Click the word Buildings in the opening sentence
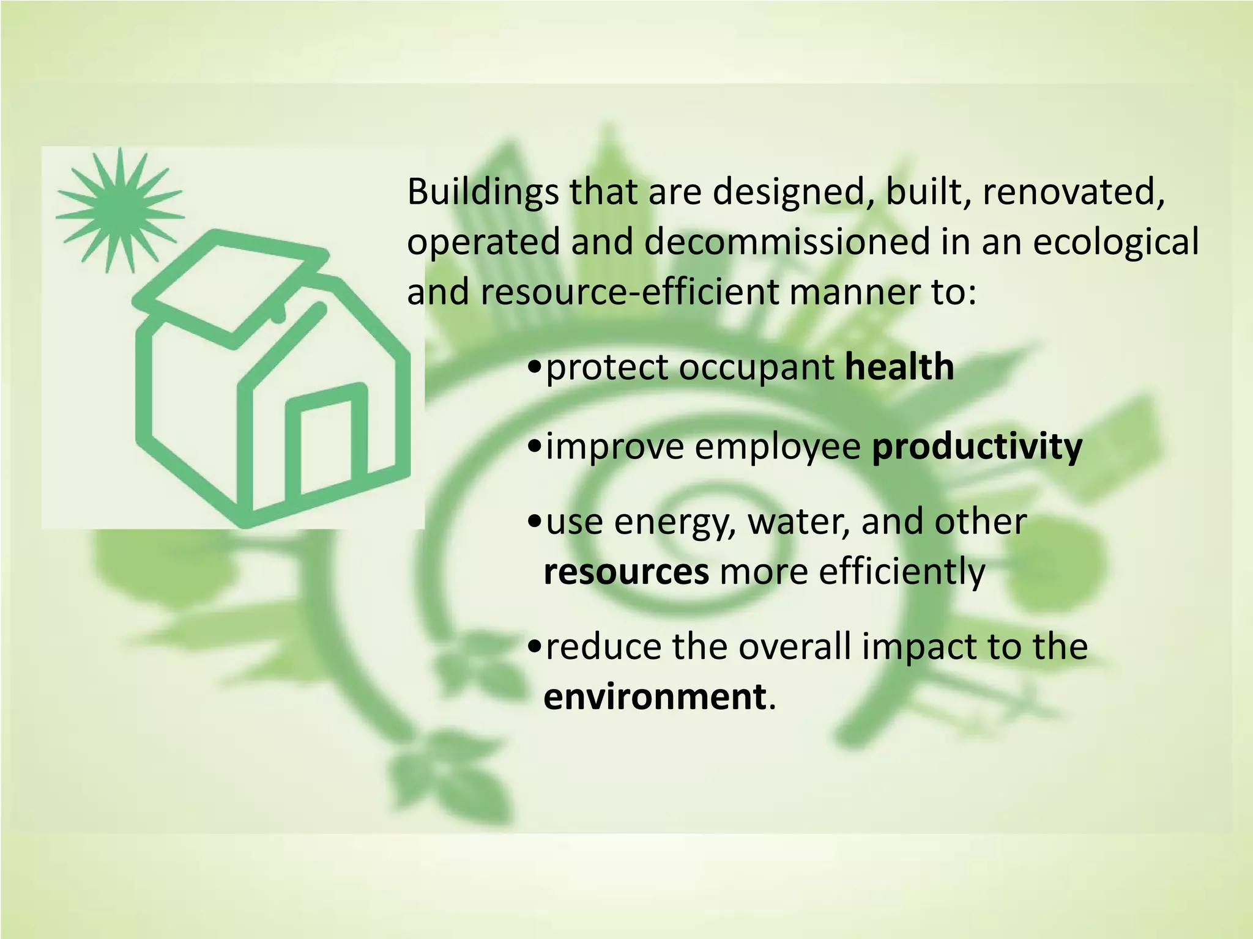[483, 192]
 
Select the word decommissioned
[786, 241]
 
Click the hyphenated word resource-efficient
[630, 292]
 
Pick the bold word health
[899, 367]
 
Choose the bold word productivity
[976, 447]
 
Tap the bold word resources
[626, 572]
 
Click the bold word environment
[654, 696]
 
